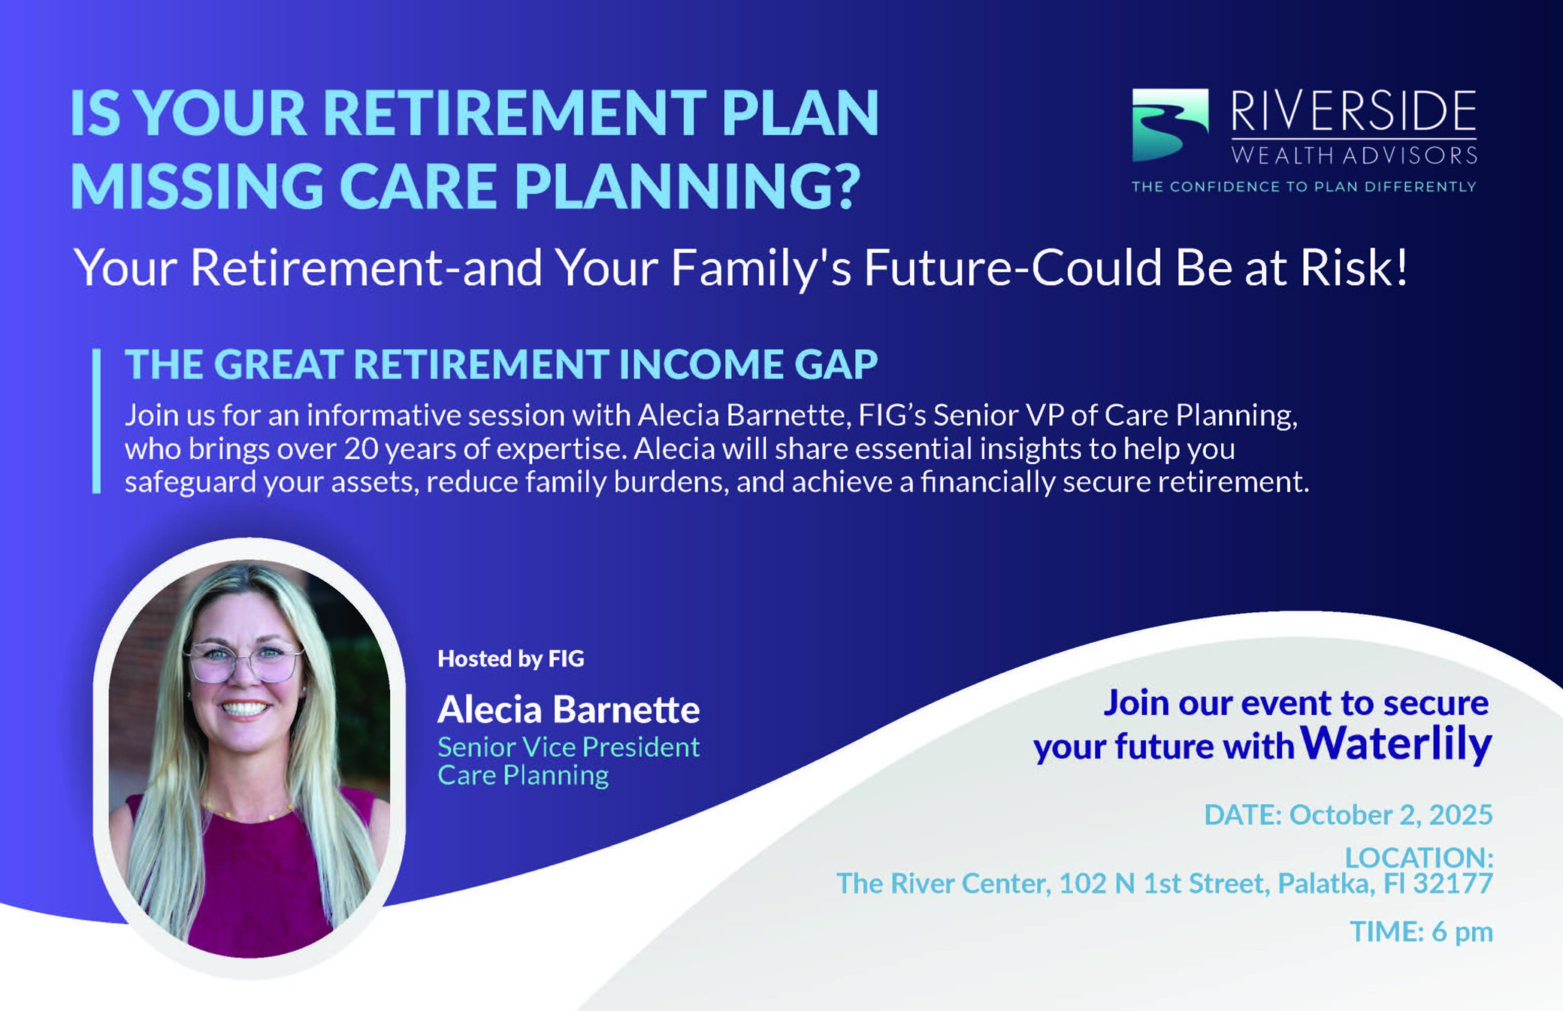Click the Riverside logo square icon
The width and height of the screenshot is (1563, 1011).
1170,125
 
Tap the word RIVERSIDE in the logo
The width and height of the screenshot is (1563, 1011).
1354,111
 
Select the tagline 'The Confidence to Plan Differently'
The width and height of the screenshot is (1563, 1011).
1304,186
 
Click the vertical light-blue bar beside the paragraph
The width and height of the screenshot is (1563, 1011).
96,421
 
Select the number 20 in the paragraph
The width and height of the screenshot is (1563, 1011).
360,449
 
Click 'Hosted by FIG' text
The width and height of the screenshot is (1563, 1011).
510,659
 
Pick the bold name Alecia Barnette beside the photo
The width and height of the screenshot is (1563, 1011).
568,709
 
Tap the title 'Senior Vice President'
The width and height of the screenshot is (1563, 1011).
568,747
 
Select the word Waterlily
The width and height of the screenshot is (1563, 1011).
1396,744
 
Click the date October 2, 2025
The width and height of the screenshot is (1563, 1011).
1391,814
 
